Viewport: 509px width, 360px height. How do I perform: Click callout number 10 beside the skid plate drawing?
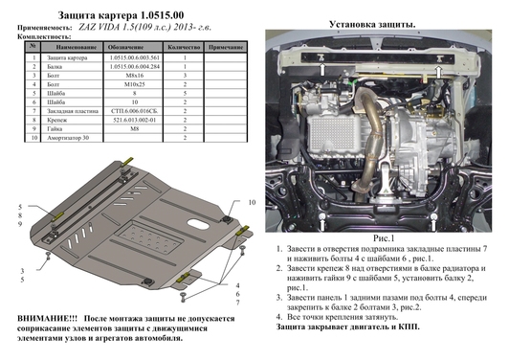(x=252, y=204)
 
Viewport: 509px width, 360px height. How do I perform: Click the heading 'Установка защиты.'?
(x=372, y=22)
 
